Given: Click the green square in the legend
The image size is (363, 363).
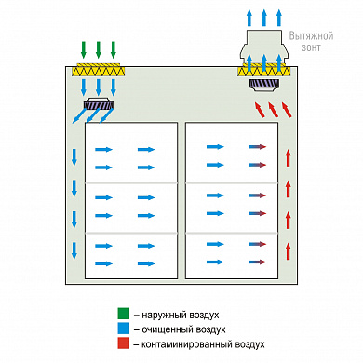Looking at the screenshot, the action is point(123,314).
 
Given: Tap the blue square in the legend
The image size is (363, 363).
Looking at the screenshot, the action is point(123,329).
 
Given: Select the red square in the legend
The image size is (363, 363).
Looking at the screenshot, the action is point(123,343).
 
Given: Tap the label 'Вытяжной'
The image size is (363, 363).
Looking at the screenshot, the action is point(311,36).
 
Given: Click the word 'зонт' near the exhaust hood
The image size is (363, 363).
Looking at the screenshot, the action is point(311,47).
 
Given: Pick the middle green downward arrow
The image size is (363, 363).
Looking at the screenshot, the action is point(99,49).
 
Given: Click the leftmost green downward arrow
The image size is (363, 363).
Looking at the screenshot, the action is point(84,49).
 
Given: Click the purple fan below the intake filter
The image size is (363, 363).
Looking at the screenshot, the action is point(99,104).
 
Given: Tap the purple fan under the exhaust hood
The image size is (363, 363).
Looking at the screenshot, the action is point(264,85).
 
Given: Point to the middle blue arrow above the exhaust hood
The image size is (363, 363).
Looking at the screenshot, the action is point(264,18).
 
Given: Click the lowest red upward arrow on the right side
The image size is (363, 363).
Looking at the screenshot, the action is point(289,251).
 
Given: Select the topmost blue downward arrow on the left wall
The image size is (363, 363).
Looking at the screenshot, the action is point(74,157).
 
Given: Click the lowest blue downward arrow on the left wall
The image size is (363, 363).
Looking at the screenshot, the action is point(74,250).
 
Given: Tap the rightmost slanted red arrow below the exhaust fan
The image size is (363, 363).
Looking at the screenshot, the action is point(287,110).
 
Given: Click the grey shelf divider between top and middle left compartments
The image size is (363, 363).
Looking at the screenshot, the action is point(131,183).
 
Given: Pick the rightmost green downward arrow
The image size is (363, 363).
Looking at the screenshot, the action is point(114,49).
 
